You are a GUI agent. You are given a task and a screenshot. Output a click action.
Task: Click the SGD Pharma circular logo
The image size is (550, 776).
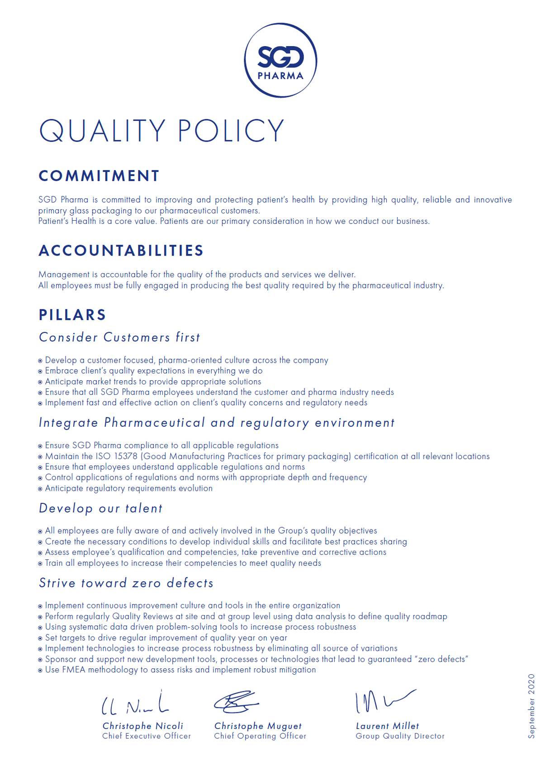pos(280,60)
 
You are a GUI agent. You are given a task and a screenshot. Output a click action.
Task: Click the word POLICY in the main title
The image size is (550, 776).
pos(231,131)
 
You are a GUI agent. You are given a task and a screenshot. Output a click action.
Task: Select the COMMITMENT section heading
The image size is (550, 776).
pos(99,176)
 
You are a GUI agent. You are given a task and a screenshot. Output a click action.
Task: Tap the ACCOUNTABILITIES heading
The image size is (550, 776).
pos(121,251)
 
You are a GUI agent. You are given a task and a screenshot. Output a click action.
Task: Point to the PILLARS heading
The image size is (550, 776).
pos(72,315)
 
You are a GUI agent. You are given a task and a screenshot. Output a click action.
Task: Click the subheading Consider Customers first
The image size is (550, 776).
pos(119,337)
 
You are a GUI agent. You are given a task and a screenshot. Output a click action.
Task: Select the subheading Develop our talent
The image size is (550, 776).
pos(100,508)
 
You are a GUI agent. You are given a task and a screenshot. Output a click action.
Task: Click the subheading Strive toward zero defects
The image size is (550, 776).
pos(126,583)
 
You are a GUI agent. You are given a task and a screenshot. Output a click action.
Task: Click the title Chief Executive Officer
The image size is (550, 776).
pos(147,736)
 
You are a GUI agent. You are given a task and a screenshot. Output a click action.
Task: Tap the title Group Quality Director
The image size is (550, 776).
pos(400,736)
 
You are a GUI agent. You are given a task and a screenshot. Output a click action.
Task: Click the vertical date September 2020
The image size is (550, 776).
pos(531,706)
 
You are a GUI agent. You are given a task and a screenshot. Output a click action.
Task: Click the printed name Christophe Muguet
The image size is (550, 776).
pos(258,726)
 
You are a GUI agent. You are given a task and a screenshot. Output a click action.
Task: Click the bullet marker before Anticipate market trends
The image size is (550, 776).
pos(40,382)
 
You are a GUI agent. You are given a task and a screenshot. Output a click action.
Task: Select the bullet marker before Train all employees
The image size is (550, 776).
pos(40,563)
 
